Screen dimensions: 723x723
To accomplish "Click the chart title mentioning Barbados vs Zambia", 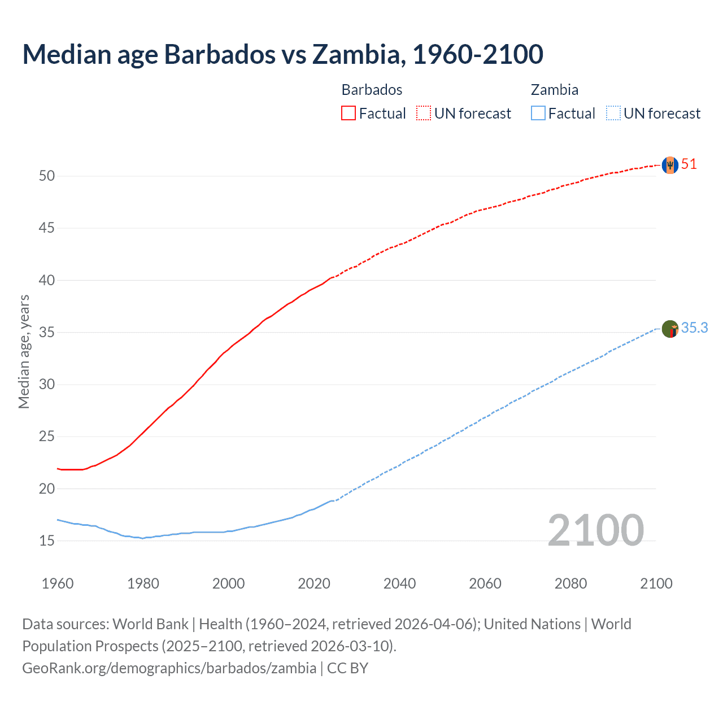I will pyautogui.click(x=282, y=54).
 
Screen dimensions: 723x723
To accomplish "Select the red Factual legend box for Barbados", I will pyautogui.click(x=349, y=113).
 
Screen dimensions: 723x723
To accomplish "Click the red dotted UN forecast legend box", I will pyautogui.click(x=424, y=113).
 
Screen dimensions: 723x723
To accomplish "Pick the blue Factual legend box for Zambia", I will pyautogui.click(x=538, y=113).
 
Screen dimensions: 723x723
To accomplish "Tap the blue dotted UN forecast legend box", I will pyautogui.click(x=613, y=113).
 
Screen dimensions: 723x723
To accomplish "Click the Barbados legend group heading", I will pyautogui.click(x=372, y=90).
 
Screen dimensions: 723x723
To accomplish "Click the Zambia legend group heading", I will pyautogui.click(x=554, y=90).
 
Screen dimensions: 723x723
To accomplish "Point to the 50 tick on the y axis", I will pyautogui.click(x=47, y=176).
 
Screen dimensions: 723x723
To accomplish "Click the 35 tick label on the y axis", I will pyautogui.click(x=47, y=332).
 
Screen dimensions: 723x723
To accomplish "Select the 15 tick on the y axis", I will pyautogui.click(x=47, y=541).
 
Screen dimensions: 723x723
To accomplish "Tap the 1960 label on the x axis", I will pyautogui.click(x=58, y=583).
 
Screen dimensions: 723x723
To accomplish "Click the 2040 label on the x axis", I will pyautogui.click(x=399, y=583).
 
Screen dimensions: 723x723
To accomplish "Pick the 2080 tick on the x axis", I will pyautogui.click(x=570, y=583).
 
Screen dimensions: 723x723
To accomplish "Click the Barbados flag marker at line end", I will pyautogui.click(x=670, y=165).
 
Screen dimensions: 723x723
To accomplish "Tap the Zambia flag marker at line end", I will pyautogui.click(x=670, y=329).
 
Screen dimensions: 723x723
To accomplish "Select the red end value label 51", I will pyautogui.click(x=689, y=164).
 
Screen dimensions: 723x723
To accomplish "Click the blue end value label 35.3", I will pyautogui.click(x=694, y=328).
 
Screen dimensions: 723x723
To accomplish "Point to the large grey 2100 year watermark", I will pyautogui.click(x=595, y=530).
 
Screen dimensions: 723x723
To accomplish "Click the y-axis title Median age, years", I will pyautogui.click(x=24, y=351).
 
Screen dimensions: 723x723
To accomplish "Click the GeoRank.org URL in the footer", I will pyautogui.click(x=169, y=668).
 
